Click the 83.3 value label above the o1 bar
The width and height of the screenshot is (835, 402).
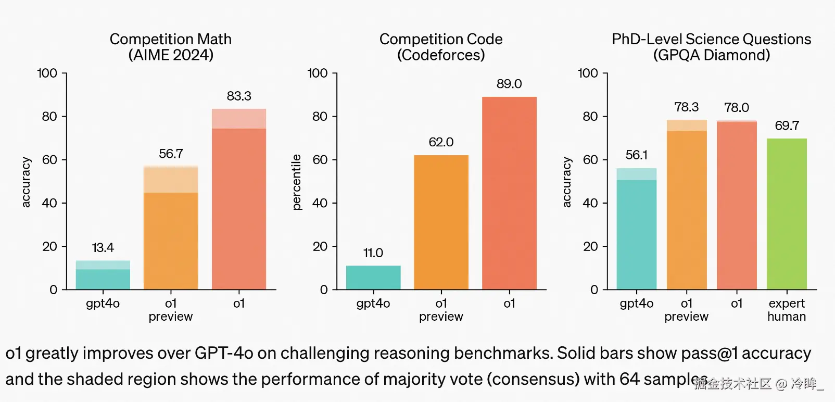239,96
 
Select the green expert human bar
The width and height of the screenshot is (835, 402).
787,213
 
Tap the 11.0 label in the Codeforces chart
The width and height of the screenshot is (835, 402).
373,253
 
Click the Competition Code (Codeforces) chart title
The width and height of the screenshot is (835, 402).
441,47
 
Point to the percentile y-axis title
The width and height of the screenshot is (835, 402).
297,182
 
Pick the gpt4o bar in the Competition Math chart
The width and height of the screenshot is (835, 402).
103,276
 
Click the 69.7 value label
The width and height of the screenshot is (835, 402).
787,125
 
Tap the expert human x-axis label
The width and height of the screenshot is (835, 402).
787,310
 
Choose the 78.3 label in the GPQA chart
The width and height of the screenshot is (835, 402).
687,107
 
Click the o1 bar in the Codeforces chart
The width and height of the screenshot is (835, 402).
509,193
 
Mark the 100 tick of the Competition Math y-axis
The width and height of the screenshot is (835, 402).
47,73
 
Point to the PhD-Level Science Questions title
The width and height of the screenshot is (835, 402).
711,47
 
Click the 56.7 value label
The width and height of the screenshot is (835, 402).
171,154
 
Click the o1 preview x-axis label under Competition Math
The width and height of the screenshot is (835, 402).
171,310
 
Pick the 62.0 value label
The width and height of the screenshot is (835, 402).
441,142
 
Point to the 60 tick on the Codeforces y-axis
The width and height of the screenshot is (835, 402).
320,160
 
